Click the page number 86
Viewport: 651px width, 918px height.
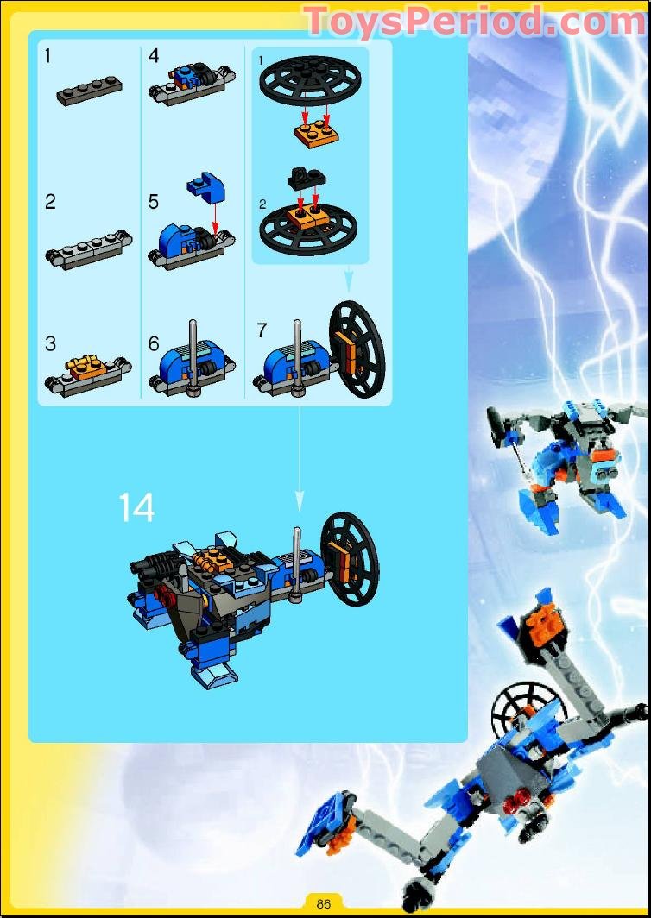(324, 902)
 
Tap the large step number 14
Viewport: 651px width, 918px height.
(136, 507)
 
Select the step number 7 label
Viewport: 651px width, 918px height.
(262, 330)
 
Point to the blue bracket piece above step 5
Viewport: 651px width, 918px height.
(206, 188)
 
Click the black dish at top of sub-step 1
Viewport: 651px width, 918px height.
(311, 79)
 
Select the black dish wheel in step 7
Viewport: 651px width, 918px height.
(357, 349)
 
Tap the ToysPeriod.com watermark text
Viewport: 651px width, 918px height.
(475, 22)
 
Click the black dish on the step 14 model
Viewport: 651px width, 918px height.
(350, 558)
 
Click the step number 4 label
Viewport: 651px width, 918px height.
(154, 56)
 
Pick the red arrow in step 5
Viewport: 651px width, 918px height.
(215, 216)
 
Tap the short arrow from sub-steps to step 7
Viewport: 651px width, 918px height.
(349, 278)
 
